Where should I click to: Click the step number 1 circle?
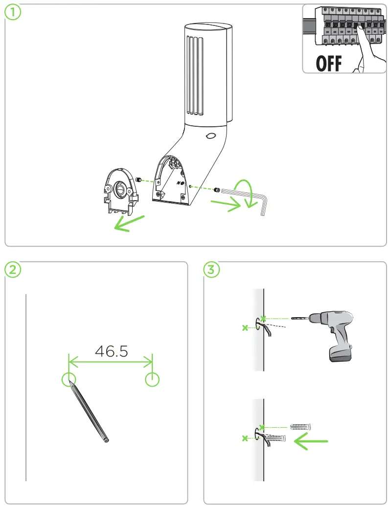pos(13,13)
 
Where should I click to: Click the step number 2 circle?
pos(13,270)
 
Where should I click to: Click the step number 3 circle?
pos(212,270)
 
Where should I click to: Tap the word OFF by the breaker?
pos(329,64)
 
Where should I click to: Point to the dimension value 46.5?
pos(112,351)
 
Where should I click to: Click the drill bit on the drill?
pos(299,319)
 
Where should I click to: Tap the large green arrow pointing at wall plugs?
pos(310,442)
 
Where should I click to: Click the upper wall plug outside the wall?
pos(301,426)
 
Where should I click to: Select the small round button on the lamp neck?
pos(211,136)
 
